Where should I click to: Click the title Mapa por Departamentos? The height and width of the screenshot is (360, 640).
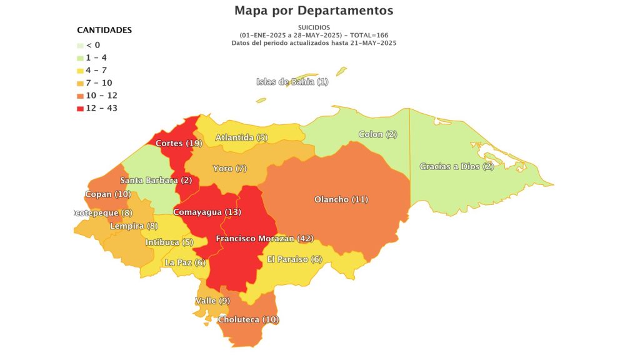(314, 11)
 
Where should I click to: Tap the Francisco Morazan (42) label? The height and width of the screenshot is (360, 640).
(265, 239)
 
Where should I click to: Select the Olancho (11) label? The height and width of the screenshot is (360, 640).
(341, 199)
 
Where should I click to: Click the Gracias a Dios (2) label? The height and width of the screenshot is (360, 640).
(457, 166)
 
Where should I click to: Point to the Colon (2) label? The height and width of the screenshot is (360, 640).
(378, 134)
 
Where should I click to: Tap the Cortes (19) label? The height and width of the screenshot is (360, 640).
(178, 143)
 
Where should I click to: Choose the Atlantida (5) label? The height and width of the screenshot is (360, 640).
(241, 137)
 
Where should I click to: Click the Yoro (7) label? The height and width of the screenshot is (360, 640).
(230, 169)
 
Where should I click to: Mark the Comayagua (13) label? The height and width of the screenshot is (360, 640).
(206, 212)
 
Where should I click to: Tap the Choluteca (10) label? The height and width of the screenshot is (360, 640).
(248, 319)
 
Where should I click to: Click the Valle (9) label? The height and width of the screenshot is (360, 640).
(212, 301)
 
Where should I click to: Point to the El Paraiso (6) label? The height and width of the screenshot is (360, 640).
(294, 259)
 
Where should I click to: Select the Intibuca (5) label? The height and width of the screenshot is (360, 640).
(169, 242)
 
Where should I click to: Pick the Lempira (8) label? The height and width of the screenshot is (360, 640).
(134, 226)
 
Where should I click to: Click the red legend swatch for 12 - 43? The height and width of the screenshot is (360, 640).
(80, 108)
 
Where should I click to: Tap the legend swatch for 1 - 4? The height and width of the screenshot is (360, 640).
(80, 57)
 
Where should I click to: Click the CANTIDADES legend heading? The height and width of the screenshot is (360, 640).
(104, 30)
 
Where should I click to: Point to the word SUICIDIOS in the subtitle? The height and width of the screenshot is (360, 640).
(318, 27)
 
